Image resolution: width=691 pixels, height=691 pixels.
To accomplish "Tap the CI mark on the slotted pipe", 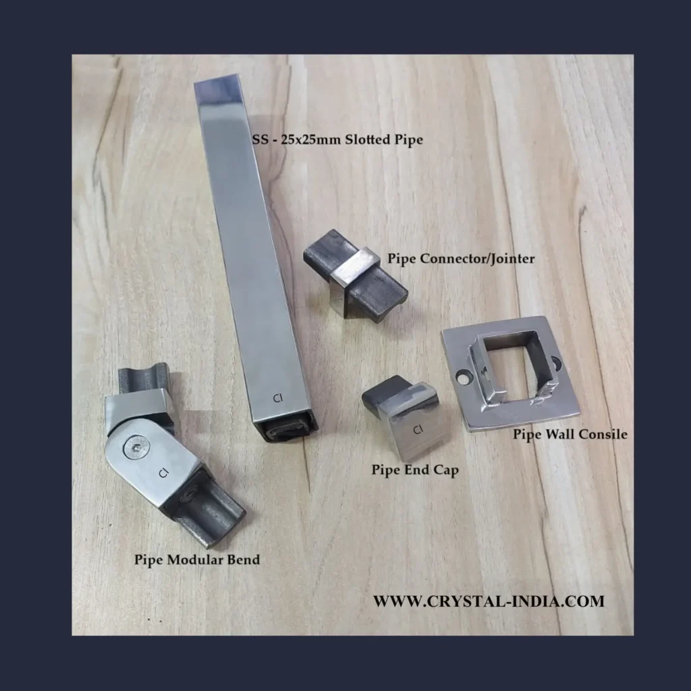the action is (x=277, y=398).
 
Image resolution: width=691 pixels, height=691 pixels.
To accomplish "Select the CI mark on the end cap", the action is (x=418, y=429).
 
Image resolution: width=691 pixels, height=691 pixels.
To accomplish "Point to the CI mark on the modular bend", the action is (x=163, y=473).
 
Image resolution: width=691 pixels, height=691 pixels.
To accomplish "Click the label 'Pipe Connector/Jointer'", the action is (x=461, y=258).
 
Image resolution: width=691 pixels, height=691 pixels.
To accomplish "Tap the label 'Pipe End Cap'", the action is (x=415, y=470).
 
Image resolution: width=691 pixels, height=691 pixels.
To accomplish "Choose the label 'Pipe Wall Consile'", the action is (x=570, y=435).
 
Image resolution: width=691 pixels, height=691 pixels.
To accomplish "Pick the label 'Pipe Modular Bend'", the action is (x=197, y=559).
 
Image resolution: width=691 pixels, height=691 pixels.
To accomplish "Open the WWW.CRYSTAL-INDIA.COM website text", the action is (x=489, y=601).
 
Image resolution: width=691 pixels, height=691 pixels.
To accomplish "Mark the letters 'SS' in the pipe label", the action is (x=260, y=140).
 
